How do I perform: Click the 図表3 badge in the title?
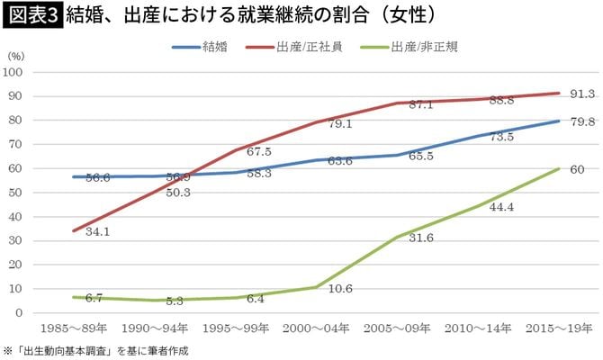click(x=31, y=15)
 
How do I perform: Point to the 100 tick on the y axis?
click(x=15, y=72)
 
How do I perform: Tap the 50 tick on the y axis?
click(x=18, y=193)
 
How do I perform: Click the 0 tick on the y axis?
click(x=22, y=312)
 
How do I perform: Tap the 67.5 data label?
click(x=259, y=151)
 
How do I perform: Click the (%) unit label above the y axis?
click(x=15, y=57)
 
